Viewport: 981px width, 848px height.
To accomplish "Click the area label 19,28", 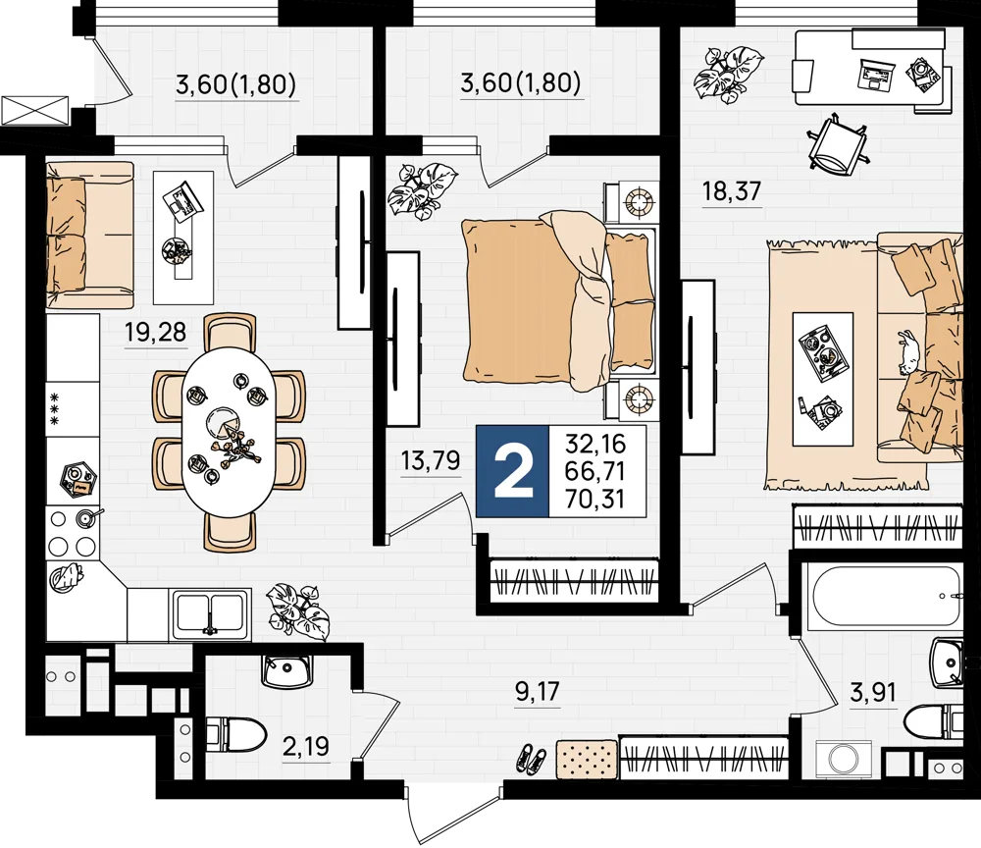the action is click(x=156, y=332).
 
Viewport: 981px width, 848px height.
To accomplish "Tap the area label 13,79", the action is click(x=431, y=460).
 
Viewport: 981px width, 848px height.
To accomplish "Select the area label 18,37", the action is click(x=732, y=190).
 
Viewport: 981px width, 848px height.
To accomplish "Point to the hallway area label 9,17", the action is click(x=537, y=692).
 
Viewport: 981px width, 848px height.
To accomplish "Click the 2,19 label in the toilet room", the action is click(x=306, y=746).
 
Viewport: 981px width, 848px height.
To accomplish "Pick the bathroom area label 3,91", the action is click(x=873, y=692).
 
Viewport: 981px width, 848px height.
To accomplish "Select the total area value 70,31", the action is click(x=595, y=499).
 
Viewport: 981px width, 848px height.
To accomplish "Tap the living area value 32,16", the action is click(x=595, y=444).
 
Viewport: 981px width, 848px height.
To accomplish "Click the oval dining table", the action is click(x=228, y=433).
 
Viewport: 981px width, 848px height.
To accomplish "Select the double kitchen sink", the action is click(x=210, y=613).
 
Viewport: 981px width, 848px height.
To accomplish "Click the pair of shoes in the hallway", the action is click(x=533, y=758).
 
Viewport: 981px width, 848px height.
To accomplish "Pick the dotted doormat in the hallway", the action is click(x=587, y=759).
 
